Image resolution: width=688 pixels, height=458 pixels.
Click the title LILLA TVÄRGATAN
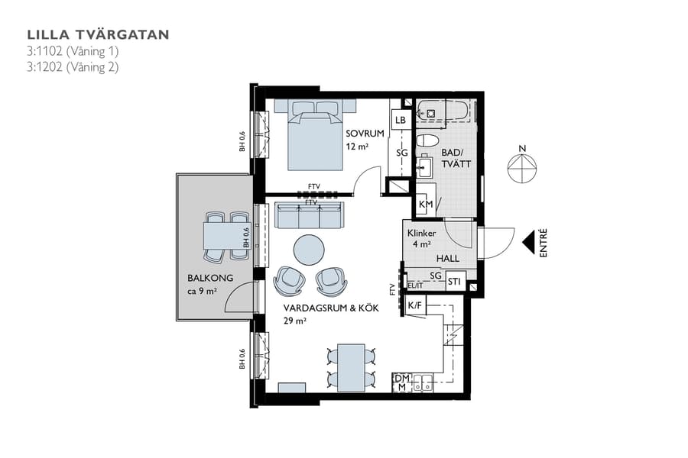click(x=98, y=34)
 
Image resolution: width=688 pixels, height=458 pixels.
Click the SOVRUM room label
click(x=365, y=134)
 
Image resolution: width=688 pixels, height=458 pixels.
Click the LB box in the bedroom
click(x=400, y=121)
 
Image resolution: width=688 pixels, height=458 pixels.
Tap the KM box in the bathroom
click(x=426, y=205)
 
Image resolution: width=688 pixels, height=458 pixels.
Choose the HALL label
click(x=448, y=259)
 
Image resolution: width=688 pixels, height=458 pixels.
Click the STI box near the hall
click(x=455, y=280)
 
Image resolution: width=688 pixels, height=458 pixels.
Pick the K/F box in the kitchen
click(x=415, y=306)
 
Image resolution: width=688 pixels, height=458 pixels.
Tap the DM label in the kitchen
click(x=401, y=378)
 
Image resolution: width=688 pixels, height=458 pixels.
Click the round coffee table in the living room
click(x=309, y=248)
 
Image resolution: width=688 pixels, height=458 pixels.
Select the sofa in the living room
click(x=309, y=215)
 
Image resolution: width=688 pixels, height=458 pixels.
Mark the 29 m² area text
click(x=294, y=321)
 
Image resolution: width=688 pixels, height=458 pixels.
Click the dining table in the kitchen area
click(x=352, y=366)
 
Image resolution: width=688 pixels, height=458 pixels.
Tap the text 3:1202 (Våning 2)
click(x=73, y=66)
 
